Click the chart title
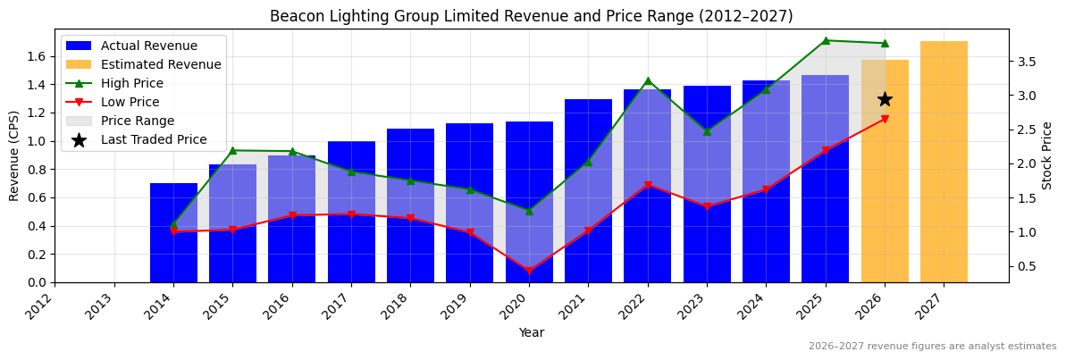point(531,16)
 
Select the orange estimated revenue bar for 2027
point(944,162)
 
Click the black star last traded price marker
point(885,99)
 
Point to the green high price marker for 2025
point(825,40)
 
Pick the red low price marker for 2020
point(529,271)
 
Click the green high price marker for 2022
point(648,81)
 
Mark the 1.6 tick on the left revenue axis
point(37,56)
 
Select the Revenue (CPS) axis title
point(14,155)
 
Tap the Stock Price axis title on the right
point(1047,155)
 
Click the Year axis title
point(531,333)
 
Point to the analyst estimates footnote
point(932,347)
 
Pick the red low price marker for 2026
point(885,119)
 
